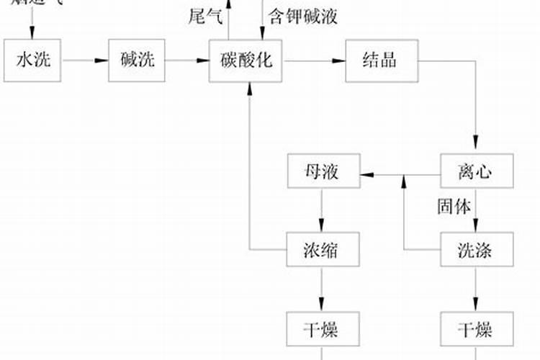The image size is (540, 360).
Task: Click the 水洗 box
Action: pyautogui.click(x=32, y=60)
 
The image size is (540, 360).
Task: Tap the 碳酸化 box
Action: pyautogui.click(x=245, y=60)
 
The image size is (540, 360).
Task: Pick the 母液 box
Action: pyautogui.click(x=323, y=172)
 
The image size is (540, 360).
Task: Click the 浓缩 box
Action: pyautogui.click(x=323, y=250)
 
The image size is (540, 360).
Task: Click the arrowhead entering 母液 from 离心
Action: pyautogui.click(x=366, y=174)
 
